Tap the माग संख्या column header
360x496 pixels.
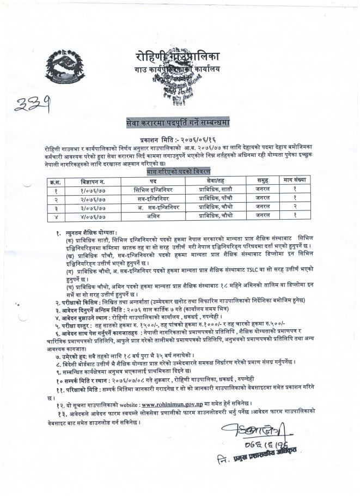(x=294, y=180)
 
